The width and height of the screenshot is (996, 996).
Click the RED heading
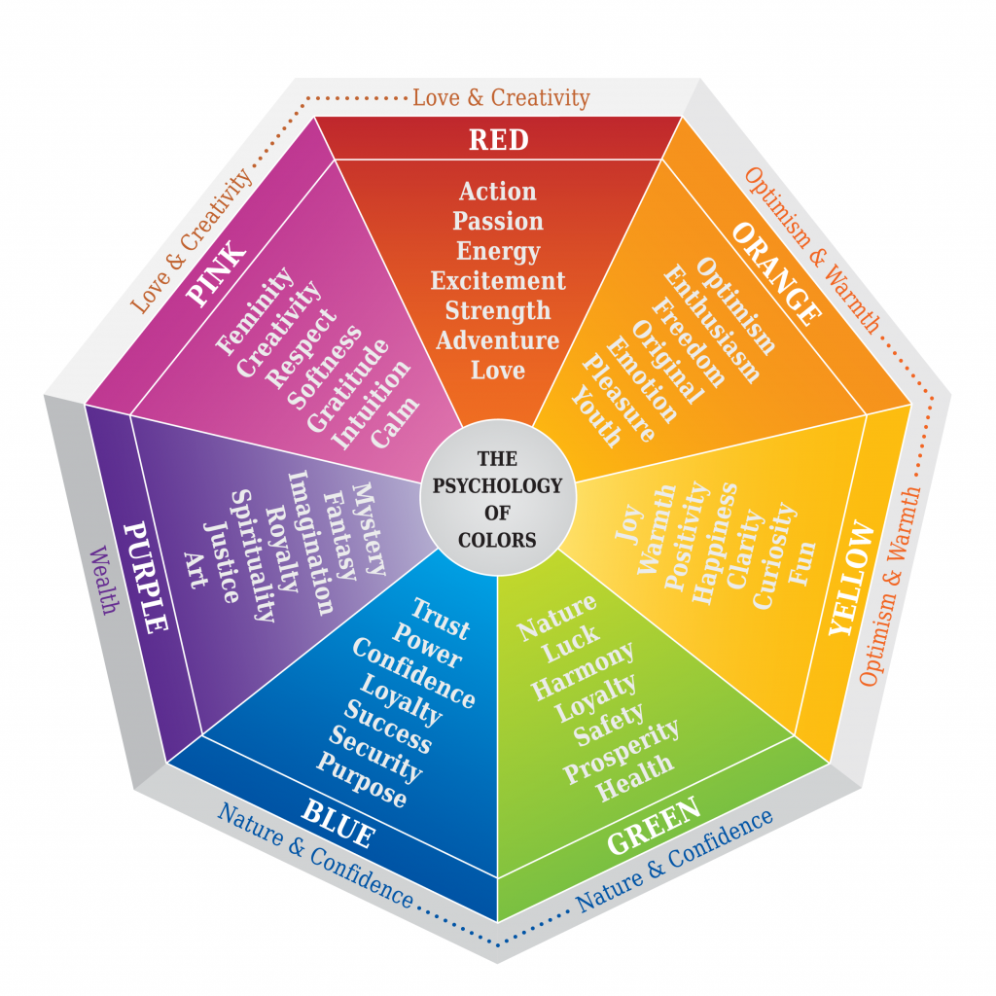[499, 140]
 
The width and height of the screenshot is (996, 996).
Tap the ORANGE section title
[776, 273]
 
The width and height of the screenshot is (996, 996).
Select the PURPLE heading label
[146, 578]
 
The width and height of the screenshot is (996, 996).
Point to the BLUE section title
[338, 823]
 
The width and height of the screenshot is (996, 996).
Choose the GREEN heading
[655, 825]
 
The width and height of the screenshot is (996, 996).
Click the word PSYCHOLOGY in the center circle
[497, 486]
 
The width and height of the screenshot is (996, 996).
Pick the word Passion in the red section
[498, 221]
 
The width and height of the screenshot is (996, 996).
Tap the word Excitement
[498, 281]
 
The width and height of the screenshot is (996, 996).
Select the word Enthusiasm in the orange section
[711, 324]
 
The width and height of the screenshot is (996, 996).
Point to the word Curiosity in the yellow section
[774, 555]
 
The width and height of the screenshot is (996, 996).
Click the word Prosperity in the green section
[621, 752]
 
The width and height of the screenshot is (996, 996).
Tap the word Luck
[570, 642]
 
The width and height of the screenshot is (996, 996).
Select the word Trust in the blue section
[441, 618]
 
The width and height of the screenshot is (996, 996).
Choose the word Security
[375, 754]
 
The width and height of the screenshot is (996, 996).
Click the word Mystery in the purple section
[369, 528]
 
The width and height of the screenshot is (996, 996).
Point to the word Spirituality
[252, 555]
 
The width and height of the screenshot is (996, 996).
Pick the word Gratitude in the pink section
[347, 385]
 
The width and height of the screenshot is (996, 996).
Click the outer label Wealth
[103, 580]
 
